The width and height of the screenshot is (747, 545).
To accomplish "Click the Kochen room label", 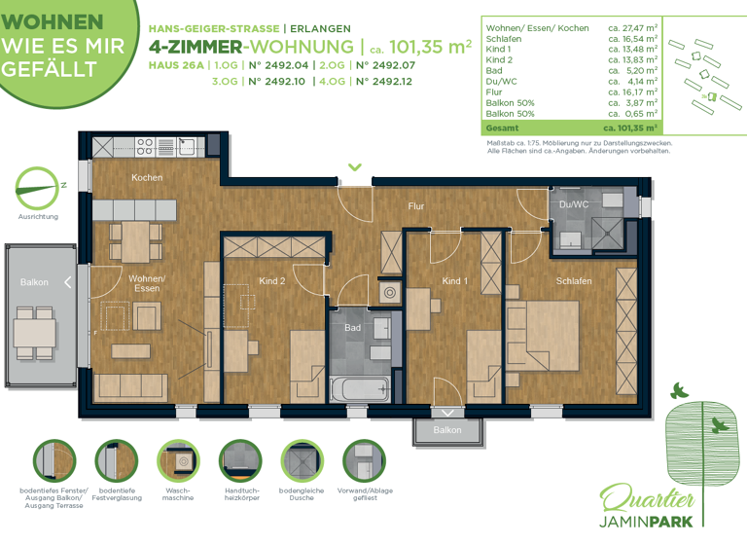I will (147, 177).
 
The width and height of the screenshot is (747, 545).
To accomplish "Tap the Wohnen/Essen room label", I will (147, 283).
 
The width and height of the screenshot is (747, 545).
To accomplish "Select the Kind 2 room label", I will (272, 281).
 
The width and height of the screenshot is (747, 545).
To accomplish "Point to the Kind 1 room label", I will (455, 281).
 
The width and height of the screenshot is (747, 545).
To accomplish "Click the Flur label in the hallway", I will (416, 206).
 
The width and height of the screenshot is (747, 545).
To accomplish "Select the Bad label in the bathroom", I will (352, 328).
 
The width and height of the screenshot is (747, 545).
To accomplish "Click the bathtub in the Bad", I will (359, 388).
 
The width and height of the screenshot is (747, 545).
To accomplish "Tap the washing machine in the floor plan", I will (388, 292).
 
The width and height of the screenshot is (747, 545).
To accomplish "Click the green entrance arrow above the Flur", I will (355, 167).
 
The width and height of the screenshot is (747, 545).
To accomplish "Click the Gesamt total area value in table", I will (630, 127).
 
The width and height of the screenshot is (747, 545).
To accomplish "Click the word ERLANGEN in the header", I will (320, 28).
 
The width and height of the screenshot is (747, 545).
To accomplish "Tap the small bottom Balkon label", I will (447, 429).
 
